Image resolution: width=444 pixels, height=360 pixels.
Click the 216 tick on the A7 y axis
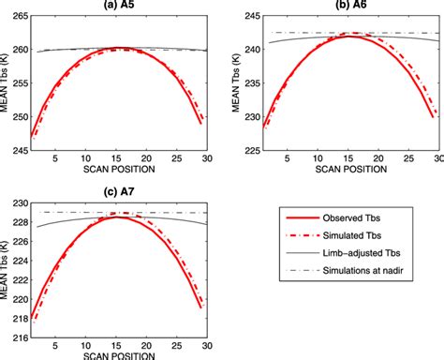click(x=22, y=333)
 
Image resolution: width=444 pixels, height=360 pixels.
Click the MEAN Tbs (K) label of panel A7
click(x=7, y=267)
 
